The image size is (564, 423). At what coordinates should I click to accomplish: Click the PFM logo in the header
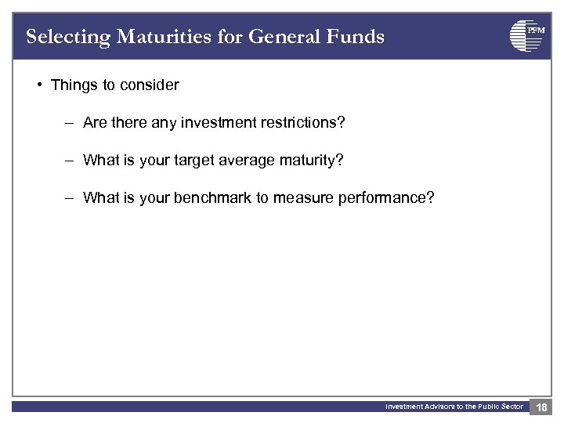pos(527,35)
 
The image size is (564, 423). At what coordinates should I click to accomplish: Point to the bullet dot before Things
pos(39,85)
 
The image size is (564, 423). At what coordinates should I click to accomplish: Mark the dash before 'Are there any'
pos(69,122)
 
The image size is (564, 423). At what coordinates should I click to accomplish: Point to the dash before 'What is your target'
pos(69,160)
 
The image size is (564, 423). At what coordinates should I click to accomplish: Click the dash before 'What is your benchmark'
pos(69,197)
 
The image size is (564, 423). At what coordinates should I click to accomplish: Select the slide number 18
pos(541,407)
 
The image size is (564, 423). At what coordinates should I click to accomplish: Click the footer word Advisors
pos(439,407)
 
